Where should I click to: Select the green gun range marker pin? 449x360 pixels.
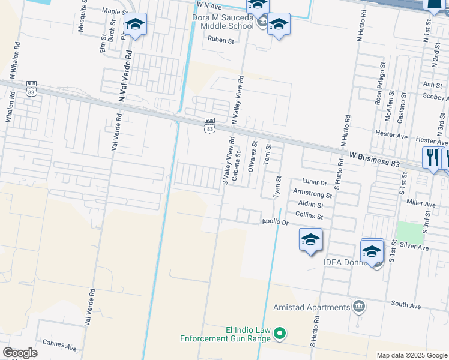coord(280,333)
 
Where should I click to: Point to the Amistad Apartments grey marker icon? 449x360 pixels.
coord(359,307)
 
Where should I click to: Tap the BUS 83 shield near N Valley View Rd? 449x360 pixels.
coord(209,125)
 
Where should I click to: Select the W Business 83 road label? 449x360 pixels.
coord(375,158)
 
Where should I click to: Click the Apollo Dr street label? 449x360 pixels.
coord(276,222)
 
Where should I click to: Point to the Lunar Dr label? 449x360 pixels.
coord(315,181)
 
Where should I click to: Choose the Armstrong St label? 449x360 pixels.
coord(312,194)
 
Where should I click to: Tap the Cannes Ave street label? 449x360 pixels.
coord(59,347)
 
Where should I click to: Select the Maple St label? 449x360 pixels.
coord(112,11)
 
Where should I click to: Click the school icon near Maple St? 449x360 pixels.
coord(135,25)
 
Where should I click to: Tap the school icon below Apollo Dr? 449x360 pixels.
coord(310,239)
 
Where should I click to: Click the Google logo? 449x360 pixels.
coord(20,353)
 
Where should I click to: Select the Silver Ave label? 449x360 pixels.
coord(414,247)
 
